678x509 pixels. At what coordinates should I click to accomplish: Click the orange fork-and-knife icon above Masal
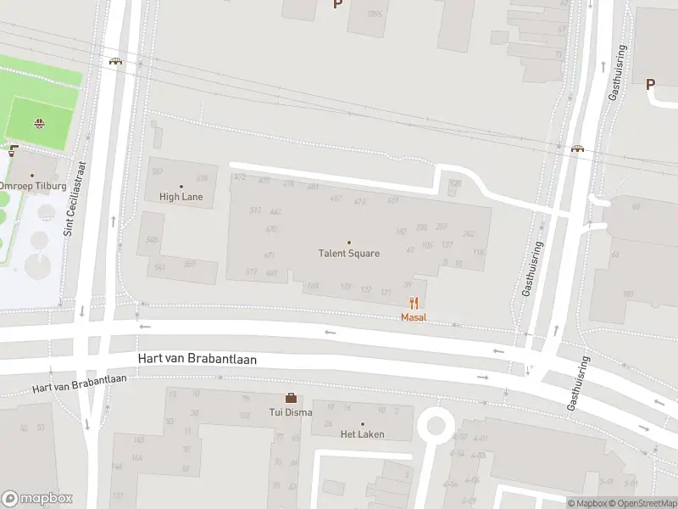coord(414,303)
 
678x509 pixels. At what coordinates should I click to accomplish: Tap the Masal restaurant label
coord(414,317)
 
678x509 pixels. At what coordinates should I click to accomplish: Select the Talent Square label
coord(349,253)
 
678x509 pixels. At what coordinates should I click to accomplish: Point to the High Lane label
coord(181,197)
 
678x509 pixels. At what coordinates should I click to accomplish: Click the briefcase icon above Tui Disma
coord(291,398)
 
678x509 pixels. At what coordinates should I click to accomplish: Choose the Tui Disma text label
coord(292,412)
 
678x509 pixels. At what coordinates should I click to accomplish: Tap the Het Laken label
coord(363,434)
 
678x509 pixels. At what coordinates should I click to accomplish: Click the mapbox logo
coord(36,499)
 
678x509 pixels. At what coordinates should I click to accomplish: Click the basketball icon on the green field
coord(39,124)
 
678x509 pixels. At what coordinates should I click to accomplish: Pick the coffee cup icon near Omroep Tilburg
coord(13,152)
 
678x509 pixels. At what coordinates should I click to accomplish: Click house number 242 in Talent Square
coord(468,234)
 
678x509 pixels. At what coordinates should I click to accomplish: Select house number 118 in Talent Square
coord(479,253)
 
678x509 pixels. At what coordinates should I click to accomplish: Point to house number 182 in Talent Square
coord(401,231)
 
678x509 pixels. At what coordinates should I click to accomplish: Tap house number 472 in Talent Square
coord(240,177)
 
